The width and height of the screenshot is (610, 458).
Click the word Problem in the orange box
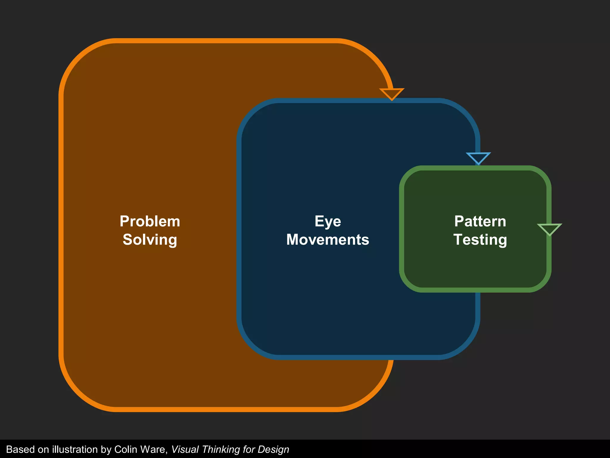point(150,222)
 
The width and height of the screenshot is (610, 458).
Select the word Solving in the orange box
point(150,240)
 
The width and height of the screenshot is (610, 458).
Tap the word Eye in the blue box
point(328,222)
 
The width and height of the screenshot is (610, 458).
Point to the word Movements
point(328,240)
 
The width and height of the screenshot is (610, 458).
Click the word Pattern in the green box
point(480,222)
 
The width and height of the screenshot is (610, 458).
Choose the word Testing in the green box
point(480,240)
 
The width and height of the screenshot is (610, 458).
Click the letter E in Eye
point(319,222)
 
